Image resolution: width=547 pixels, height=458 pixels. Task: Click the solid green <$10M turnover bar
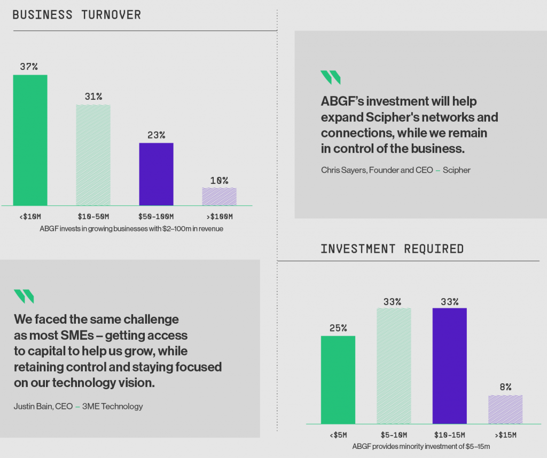pyautogui.click(x=30, y=140)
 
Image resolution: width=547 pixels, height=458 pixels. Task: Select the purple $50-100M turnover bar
pyautogui.click(x=157, y=174)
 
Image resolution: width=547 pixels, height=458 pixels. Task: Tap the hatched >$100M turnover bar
pyautogui.click(x=219, y=196)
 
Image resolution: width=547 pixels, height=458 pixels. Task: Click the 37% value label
pyautogui.click(x=29, y=67)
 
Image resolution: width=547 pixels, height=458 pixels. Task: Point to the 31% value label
pyautogui.click(x=93, y=97)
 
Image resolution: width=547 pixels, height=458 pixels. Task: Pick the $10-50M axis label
pyautogui.click(x=93, y=216)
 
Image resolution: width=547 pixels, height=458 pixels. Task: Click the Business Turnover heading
pyautogui.click(x=77, y=15)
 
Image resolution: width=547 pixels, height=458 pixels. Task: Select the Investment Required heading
pyautogui.click(x=392, y=249)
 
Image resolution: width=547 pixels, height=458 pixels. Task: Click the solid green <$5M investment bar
pyautogui.click(x=338, y=380)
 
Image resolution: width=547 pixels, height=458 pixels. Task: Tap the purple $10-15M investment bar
pyautogui.click(x=450, y=366)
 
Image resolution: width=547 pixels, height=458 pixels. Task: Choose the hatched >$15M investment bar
pyautogui.click(x=505, y=409)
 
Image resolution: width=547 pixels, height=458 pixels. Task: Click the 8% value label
pyautogui.click(x=505, y=387)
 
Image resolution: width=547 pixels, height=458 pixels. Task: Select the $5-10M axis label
pyautogui.click(x=394, y=435)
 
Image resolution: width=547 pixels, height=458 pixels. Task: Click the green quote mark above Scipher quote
pyautogui.click(x=330, y=77)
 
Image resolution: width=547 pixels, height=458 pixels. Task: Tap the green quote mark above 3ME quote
pyautogui.click(x=24, y=296)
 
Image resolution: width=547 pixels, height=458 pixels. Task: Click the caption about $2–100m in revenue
pyautogui.click(x=131, y=229)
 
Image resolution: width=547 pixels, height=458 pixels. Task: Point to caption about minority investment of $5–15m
pyautogui.click(x=421, y=446)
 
